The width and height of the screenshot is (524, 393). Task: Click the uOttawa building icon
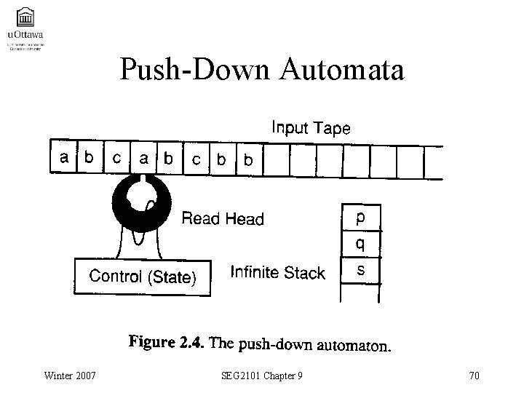click(24, 15)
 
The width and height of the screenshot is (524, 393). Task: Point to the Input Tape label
click(311, 129)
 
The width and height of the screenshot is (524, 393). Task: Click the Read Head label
click(222, 218)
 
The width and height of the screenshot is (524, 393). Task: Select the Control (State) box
click(142, 276)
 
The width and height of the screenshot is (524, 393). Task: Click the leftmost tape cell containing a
click(65, 158)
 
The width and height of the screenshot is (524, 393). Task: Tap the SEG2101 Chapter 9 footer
click(263, 376)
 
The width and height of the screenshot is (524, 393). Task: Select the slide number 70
click(475, 376)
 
